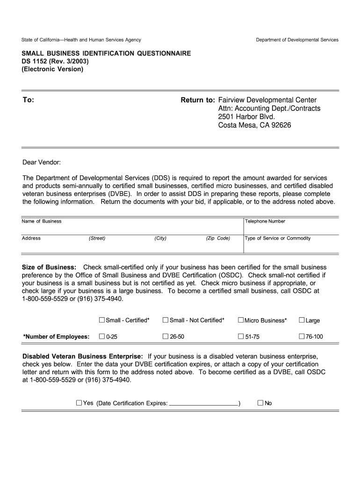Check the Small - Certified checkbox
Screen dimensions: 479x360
pyautogui.click(x=101, y=320)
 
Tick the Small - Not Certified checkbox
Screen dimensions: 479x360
pyautogui.click(x=165, y=320)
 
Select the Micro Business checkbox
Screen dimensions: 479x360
pyautogui.click(x=241, y=320)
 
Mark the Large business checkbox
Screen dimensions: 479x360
pyautogui.click(x=302, y=320)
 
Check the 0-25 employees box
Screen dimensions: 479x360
pyautogui.click(x=101, y=336)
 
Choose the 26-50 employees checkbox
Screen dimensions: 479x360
pyautogui.click(x=165, y=336)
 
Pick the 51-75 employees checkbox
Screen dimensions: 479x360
pyautogui.click(x=241, y=336)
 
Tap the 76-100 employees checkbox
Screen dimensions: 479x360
pyautogui.click(x=302, y=336)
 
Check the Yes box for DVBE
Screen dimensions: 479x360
pyautogui.click(x=79, y=403)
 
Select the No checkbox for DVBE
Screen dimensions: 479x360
pyautogui.click(x=260, y=403)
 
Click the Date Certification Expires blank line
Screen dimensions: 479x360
pyautogui.click(x=203, y=403)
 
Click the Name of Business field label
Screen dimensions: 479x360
pyautogui.click(x=42, y=221)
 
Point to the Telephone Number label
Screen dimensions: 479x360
pyautogui.click(x=265, y=221)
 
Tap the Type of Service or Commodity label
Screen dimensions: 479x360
pyautogui.click(x=278, y=238)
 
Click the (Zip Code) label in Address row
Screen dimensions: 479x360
pyautogui.click(x=218, y=238)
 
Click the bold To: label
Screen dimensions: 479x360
pyautogui.click(x=28, y=100)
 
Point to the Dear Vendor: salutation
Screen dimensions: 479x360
pyautogui.click(x=42, y=162)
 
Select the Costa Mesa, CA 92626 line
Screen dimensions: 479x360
pyautogui.click(x=255, y=125)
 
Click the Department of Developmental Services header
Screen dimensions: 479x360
pyautogui.click(x=297, y=40)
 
